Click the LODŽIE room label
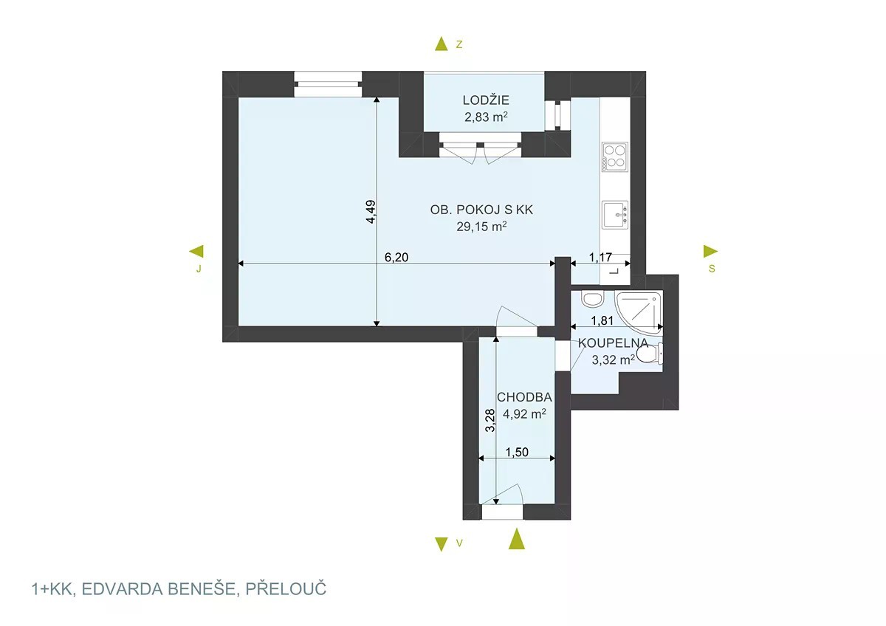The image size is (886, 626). coord(486,100)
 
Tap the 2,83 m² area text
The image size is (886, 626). coord(486,117)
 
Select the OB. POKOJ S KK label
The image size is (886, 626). coord(481,210)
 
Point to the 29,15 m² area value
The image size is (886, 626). coord(481,227)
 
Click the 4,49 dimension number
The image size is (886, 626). coord(371,212)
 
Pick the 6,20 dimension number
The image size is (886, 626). coord(396,258)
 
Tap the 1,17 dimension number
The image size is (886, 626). coord(600,258)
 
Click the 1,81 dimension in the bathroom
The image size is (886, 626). coord(602,320)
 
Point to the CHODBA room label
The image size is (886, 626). coord(524,397)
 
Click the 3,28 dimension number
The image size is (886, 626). coord(490,420)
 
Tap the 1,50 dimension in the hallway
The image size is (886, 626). coord(517,452)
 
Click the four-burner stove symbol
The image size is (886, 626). coord(615,157)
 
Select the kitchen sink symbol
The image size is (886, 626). coord(615,215)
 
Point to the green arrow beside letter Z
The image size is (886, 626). coord(441,44)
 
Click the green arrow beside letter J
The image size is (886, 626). coord(196,251)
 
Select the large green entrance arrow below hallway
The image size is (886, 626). coord(517,539)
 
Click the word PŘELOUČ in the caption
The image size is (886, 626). coord(286,589)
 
